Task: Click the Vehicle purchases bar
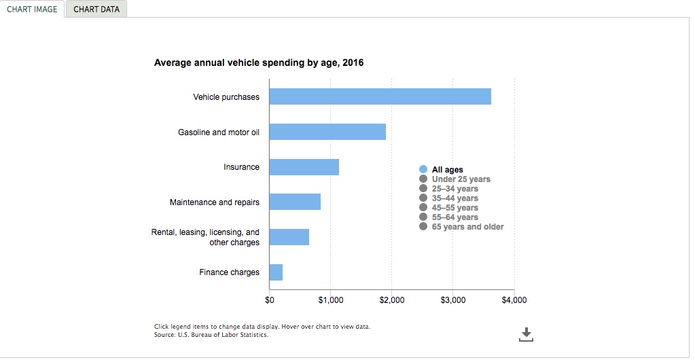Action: coord(380,96)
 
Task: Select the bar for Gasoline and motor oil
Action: coord(327,132)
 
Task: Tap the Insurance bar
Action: coord(304,167)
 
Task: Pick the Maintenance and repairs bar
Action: coord(295,202)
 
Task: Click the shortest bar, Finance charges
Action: coord(276,272)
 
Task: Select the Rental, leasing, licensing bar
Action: coord(289,237)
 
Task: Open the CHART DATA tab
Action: coord(96,10)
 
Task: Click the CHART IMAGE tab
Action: coord(32,10)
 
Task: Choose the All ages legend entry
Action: coord(447,170)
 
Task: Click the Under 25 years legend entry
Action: coord(461,179)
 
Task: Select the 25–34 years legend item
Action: coord(455,189)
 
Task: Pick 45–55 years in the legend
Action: coord(455,208)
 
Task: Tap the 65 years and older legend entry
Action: coord(467,227)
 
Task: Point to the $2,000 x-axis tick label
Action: coord(392,300)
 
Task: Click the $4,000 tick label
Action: coord(514,300)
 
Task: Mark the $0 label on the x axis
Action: coord(270,300)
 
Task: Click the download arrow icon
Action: coord(526,334)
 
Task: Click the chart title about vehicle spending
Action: coord(259,63)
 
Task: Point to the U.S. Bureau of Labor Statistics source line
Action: coord(211,335)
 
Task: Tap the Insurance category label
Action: coord(241,167)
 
